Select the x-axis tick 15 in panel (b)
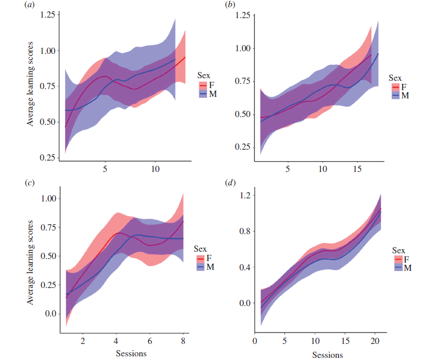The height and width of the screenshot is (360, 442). [x=357, y=169]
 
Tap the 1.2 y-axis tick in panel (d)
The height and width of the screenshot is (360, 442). [x=244, y=195]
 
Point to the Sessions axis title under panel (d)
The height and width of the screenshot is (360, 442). [x=327, y=355]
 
